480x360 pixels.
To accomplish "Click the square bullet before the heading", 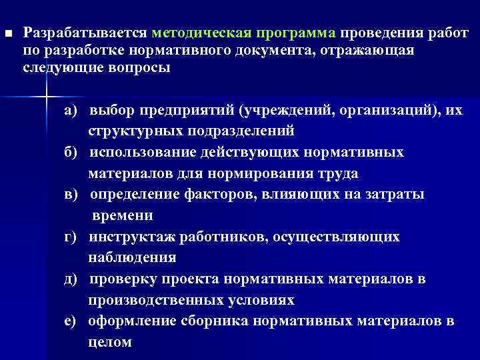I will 7,34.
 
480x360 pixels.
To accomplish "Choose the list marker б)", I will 71,153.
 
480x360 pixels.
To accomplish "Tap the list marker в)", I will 71,195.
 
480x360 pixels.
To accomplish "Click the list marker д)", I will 71,279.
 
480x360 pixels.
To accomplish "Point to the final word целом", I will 110,343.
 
